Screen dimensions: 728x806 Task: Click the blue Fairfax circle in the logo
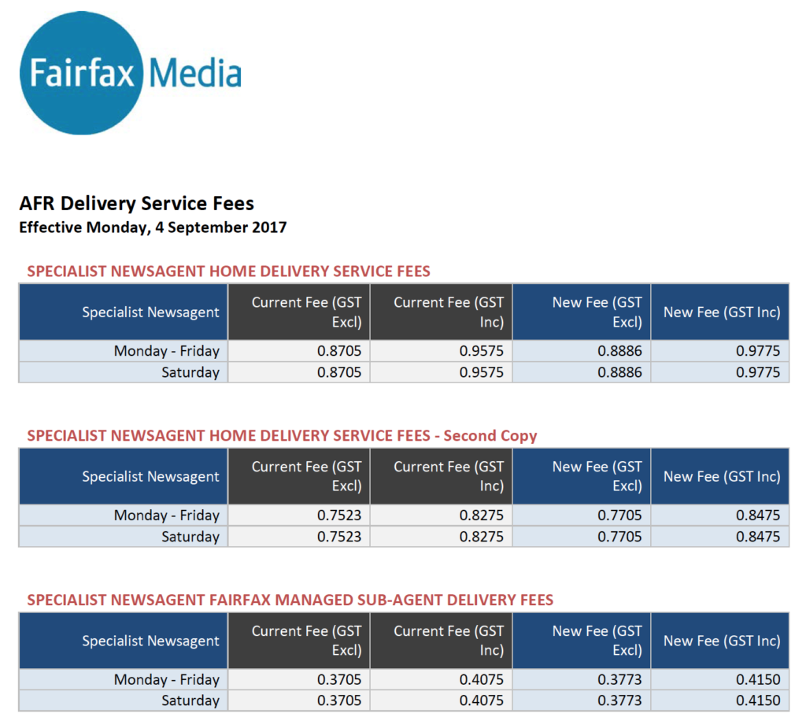(x=81, y=73)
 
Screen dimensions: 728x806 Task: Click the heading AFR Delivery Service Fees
(x=136, y=204)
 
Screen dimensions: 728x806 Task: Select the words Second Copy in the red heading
(x=491, y=436)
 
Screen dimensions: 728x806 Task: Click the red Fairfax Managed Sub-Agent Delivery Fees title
(x=290, y=601)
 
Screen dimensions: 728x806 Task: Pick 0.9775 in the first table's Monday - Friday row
(x=758, y=351)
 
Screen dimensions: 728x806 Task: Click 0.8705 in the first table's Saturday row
(x=339, y=372)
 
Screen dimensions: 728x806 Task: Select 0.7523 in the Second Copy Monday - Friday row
(x=339, y=516)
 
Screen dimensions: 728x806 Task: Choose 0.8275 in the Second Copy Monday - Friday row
(x=481, y=516)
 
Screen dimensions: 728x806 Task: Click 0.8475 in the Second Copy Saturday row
(x=758, y=537)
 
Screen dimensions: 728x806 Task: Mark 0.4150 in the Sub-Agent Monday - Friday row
(x=758, y=680)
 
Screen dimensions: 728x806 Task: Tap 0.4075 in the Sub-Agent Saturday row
(x=481, y=700)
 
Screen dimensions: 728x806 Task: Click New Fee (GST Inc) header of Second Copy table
(x=721, y=476)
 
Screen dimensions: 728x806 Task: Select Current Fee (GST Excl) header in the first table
(x=306, y=312)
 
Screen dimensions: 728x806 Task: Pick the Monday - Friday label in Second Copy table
(x=166, y=516)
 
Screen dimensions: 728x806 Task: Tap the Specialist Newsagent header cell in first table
(x=150, y=312)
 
